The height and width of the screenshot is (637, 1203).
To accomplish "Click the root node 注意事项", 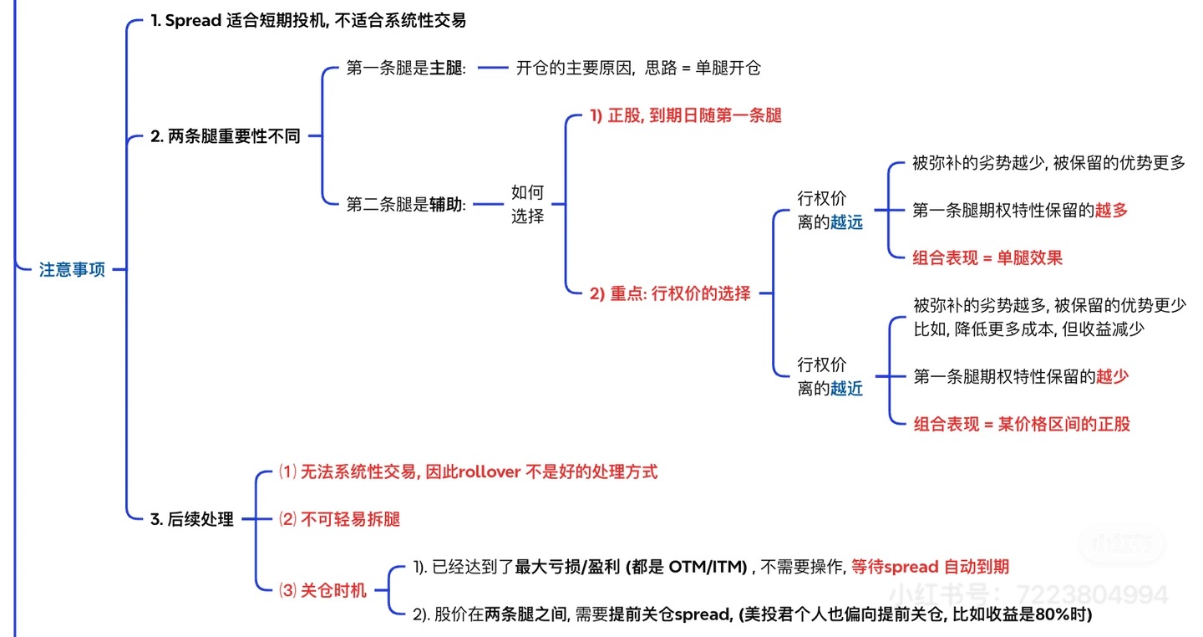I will coord(72,270).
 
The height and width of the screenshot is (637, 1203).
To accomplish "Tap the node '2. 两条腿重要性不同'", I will coord(225,136).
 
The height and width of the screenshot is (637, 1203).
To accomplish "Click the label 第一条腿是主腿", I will coord(406,69).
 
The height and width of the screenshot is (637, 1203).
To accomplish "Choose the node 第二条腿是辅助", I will coord(406,203).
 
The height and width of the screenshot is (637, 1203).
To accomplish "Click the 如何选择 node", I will coord(527,204).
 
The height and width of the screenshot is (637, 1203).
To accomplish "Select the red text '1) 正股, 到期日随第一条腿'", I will coord(685,115).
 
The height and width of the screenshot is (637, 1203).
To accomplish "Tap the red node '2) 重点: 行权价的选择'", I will coord(670,293).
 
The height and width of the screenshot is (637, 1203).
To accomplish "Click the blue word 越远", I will coord(846,222).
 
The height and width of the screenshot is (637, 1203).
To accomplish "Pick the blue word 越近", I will coord(846,388).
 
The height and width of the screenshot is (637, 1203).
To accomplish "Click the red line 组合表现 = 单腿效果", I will coord(987,257).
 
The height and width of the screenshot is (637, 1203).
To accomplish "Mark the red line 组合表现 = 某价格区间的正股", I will coord(1021,424).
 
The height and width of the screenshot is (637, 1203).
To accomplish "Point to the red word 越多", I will coord(1111,211).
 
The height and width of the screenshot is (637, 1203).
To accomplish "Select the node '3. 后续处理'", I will coord(191,519).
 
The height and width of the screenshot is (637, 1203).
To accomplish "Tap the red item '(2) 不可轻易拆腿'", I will coord(339,519).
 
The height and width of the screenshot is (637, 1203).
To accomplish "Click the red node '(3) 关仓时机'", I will coord(322,590).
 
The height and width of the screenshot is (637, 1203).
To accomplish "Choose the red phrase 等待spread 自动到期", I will coord(930,567).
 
